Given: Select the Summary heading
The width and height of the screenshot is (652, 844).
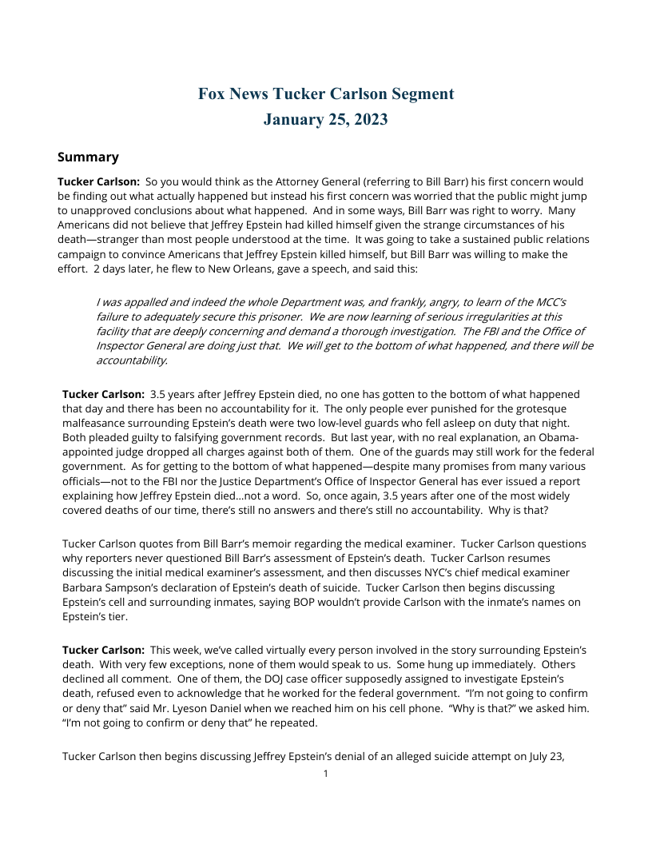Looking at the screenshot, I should pyautogui.click(x=88, y=157).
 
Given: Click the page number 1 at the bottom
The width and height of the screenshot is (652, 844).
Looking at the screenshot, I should pyautogui.click(x=326, y=774).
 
